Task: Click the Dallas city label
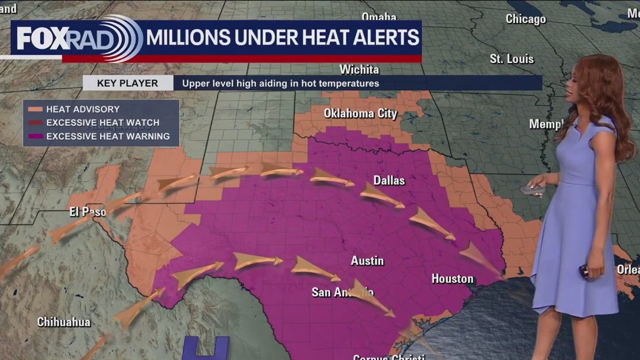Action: tap(389, 180)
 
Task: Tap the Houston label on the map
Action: tap(452, 279)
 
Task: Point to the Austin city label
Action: tap(367, 260)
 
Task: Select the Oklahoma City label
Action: tap(361, 114)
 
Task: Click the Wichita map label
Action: tap(359, 70)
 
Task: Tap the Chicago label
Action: tap(526, 19)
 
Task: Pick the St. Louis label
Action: tap(512, 59)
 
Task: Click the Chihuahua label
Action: tap(64, 322)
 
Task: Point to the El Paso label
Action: tap(88, 212)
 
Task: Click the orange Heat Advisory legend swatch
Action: tap(35, 109)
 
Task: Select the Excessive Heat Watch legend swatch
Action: tap(35, 123)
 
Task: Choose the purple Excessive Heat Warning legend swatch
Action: tap(35, 136)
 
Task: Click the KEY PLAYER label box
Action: tap(127, 83)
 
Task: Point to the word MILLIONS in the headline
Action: tap(187, 38)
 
